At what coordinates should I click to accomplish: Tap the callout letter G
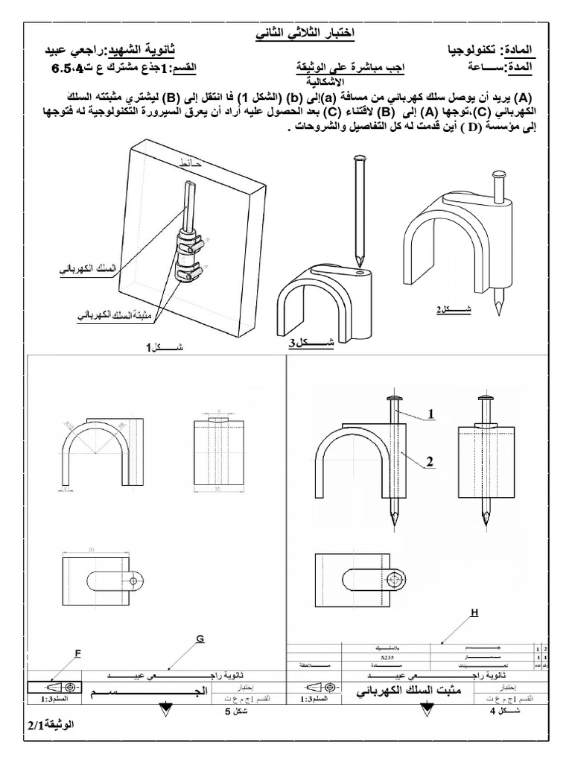point(200,638)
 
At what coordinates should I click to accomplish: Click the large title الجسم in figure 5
point(149,692)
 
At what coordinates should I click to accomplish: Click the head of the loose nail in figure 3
point(360,158)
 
